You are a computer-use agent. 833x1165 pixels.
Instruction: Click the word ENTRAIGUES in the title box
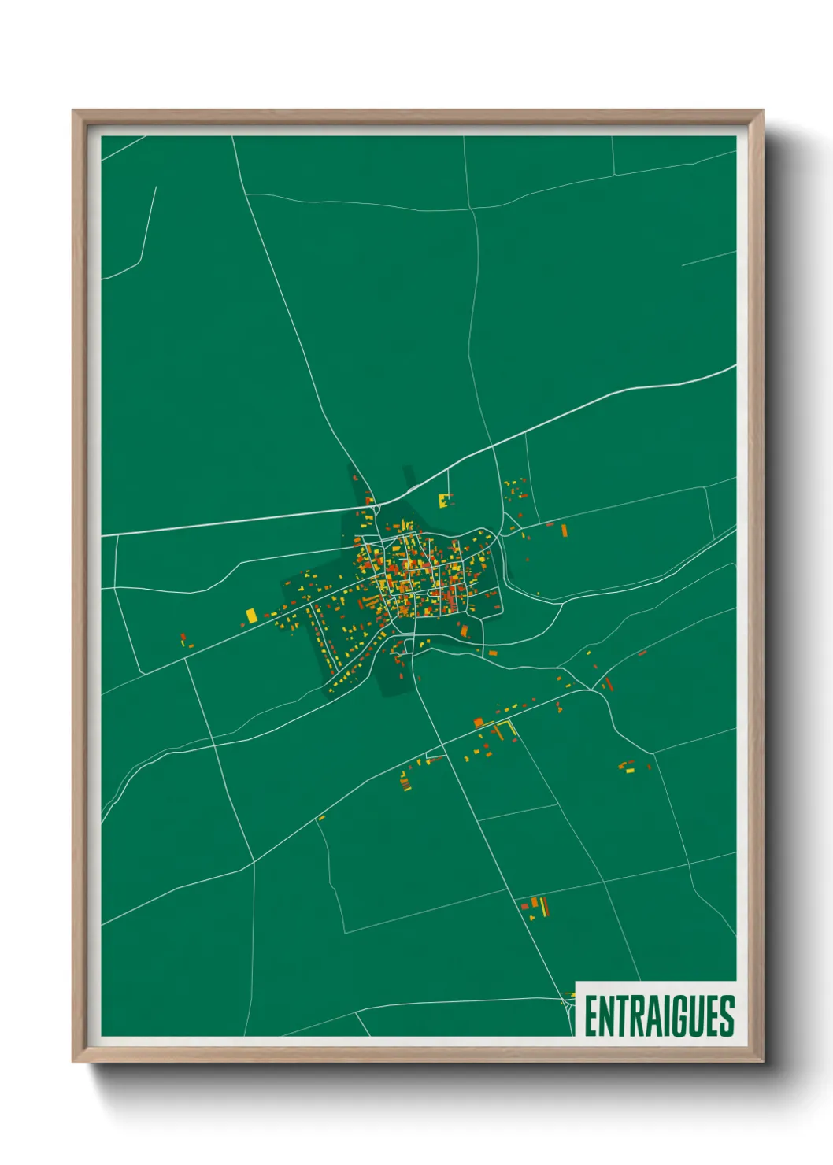[659, 1016]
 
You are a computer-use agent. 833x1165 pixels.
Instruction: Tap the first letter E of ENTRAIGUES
[591, 1016]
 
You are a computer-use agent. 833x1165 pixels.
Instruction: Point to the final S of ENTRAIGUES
[727, 1016]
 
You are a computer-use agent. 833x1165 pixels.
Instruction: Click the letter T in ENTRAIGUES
[620, 1016]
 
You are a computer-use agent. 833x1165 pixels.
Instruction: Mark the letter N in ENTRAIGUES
[605, 1016]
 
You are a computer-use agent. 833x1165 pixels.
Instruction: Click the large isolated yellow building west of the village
[250, 616]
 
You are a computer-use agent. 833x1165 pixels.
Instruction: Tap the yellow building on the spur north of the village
[444, 499]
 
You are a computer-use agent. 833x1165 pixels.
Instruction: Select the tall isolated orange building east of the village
[564, 531]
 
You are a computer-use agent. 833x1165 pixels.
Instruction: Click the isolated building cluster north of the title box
[537, 907]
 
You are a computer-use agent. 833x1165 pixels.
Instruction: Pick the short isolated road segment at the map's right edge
[709, 259]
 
